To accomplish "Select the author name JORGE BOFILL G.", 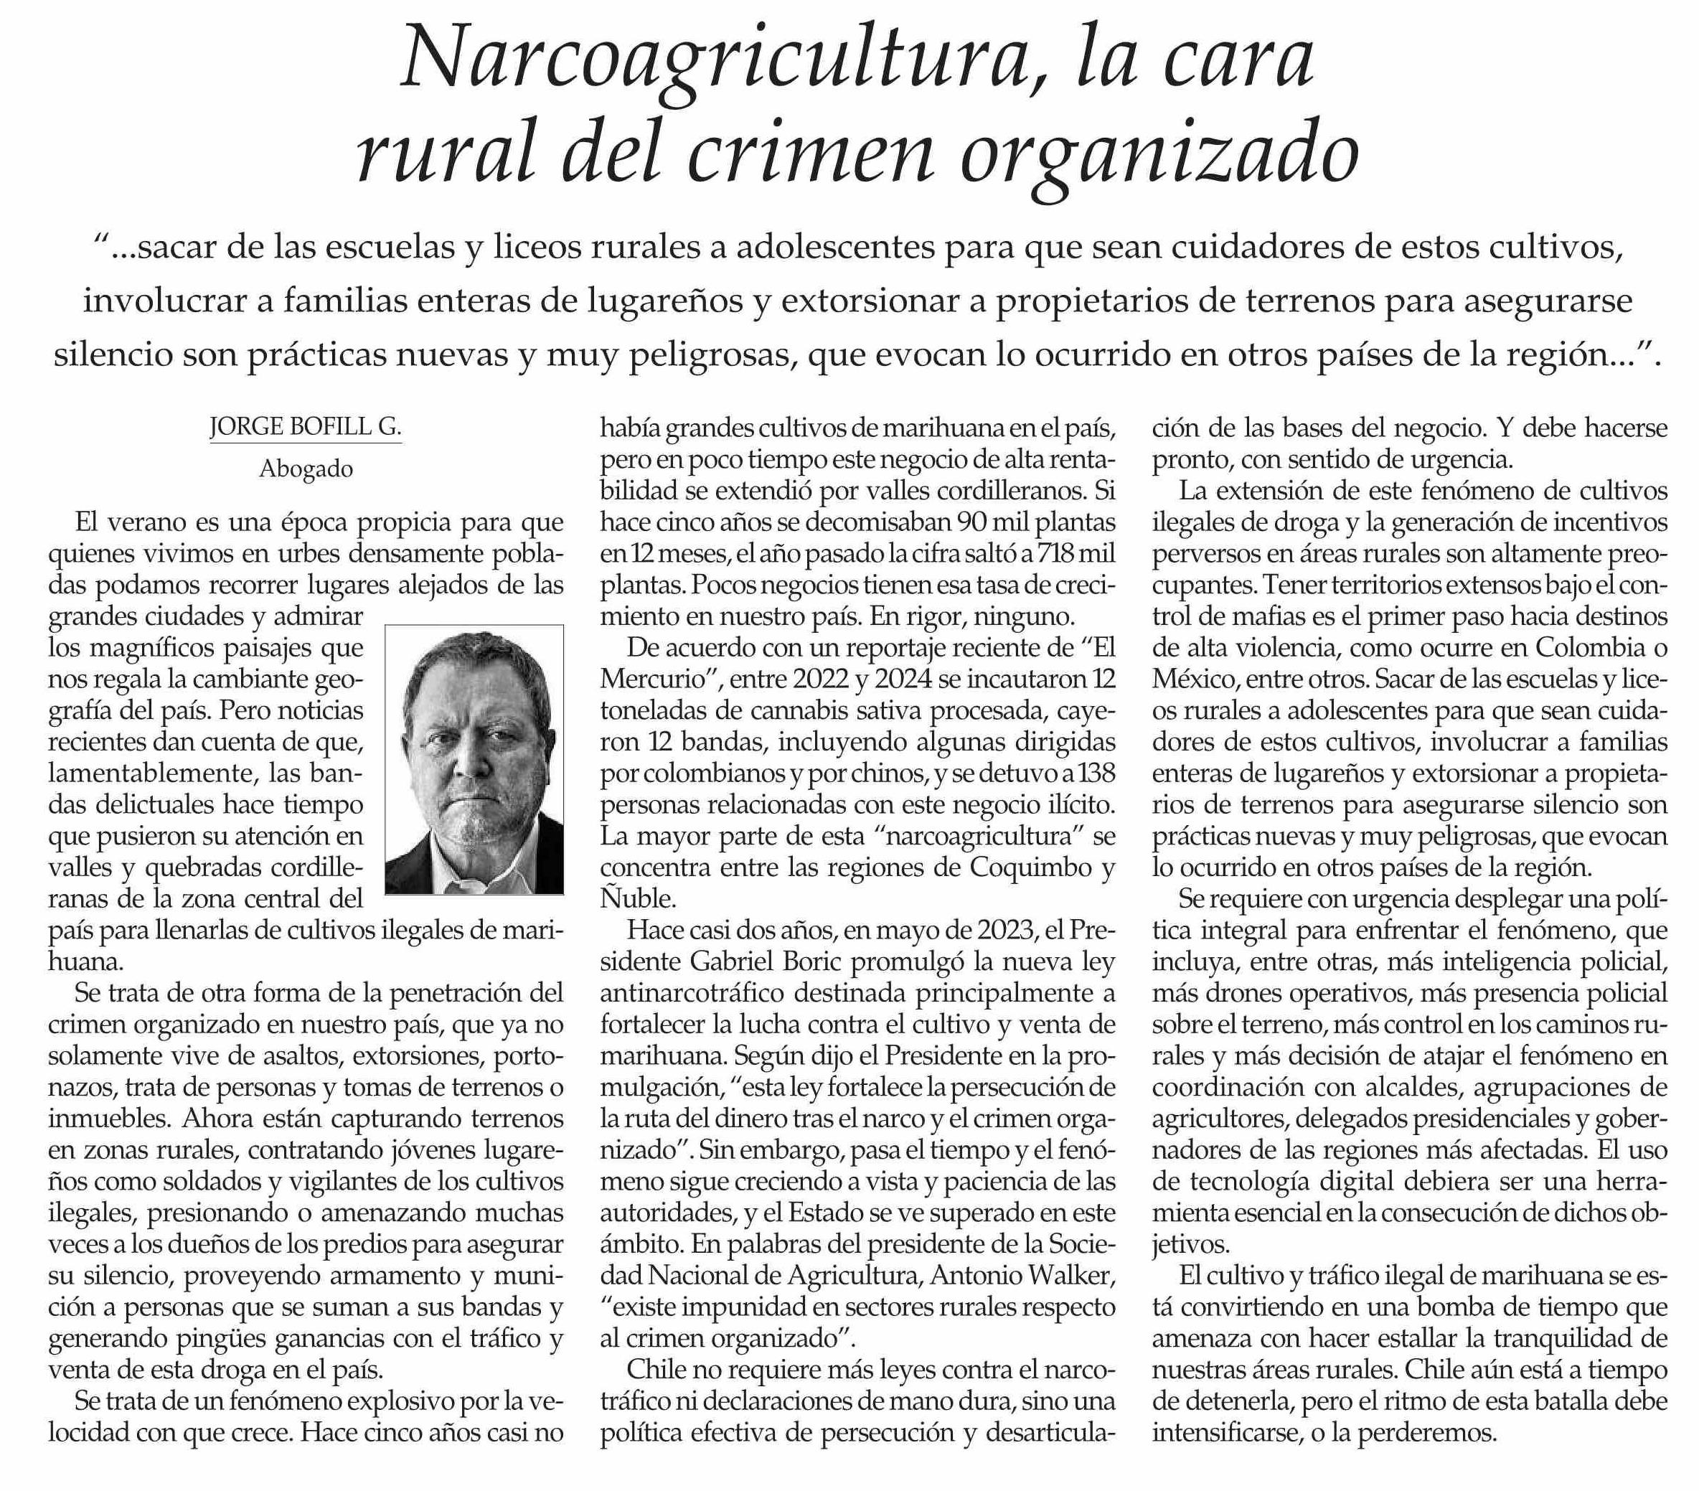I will (x=305, y=427).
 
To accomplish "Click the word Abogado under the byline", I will (x=306, y=469).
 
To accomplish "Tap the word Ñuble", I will (x=636, y=899).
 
